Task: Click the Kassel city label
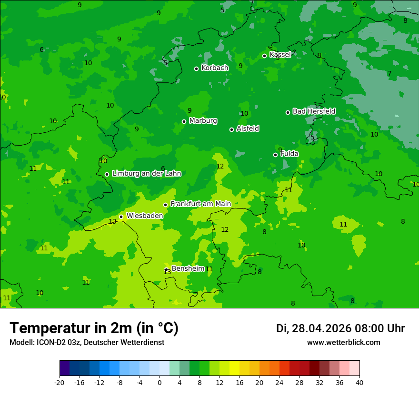click(280, 55)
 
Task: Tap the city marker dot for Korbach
click(196, 69)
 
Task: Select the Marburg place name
click(203, 121)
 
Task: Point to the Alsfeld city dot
click(231, 129)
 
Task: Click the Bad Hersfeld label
click(314, 111)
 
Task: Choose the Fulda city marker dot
click(275, 155)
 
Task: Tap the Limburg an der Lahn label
click(147, 174)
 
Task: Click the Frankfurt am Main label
click(200, 204)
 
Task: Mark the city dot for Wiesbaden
click(121, 217)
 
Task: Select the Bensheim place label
click(188, 268)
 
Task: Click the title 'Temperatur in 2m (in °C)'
click(94, 328)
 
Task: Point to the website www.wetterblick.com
click(343, 343)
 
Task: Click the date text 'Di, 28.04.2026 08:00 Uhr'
click(340, 328)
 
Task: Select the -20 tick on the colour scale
click(60, 382)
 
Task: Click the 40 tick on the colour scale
click(359, 382)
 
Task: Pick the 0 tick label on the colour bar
click(160, 382)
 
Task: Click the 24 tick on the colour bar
click(279, 382)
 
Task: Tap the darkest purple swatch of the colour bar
click(64, 368)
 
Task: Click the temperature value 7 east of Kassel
click(389, 74)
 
